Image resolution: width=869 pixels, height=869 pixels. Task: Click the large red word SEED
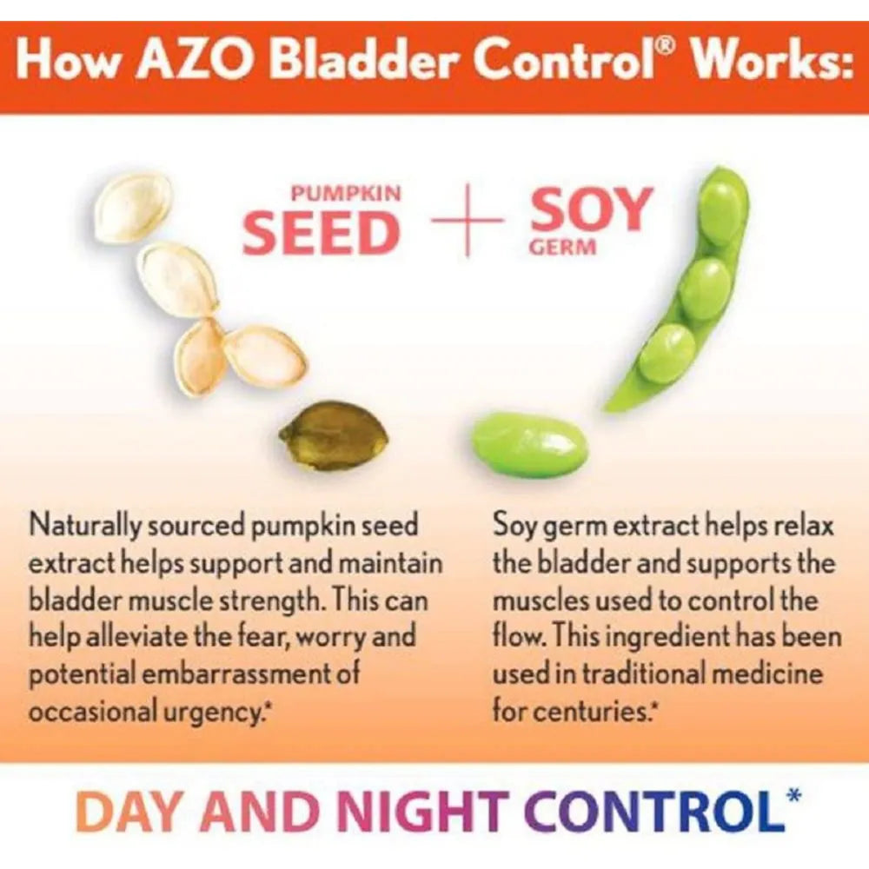pos(321,232)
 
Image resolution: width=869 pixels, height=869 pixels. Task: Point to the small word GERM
pos(563,248)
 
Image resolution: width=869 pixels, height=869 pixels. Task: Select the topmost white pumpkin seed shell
pos(133,208)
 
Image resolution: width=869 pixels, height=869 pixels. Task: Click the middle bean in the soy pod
pos(704,289)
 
